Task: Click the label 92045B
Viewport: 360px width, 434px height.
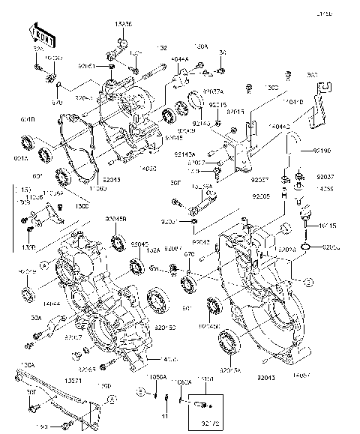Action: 117,220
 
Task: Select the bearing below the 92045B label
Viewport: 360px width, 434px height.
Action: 119,243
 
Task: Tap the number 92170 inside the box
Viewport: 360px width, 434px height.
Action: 201,424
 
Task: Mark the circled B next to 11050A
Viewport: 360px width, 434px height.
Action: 140,392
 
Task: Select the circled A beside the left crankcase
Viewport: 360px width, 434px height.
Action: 44,264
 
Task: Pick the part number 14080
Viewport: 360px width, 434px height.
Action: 148,169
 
